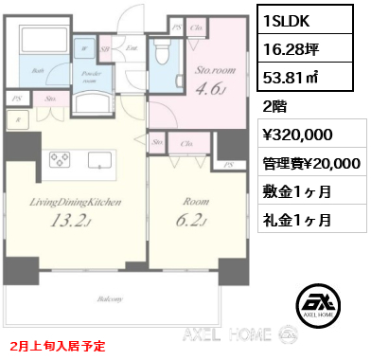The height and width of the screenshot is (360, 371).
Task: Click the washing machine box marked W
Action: tap(86, 46)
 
